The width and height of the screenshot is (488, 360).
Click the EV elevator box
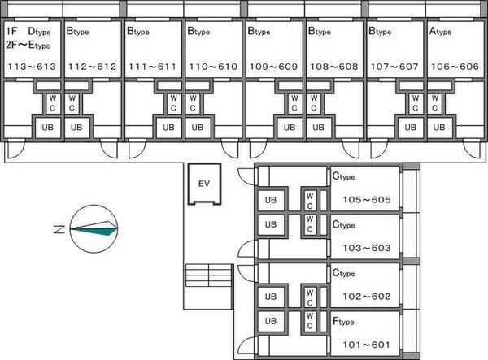click(x=204, y=184)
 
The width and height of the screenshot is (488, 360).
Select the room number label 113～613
click(x=32, y=67)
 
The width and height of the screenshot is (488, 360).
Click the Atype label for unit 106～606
click(x=440, y=32)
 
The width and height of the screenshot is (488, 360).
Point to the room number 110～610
click(x=213, y=67)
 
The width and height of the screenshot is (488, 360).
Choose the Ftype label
click(x=343, y=321)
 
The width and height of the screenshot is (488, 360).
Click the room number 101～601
click(x=366, y=345)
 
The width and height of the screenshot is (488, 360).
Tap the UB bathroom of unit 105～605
click(x=271, y=200)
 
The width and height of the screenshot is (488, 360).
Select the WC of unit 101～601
click(x=310, y=321)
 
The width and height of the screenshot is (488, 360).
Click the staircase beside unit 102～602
click(x=208, y=275)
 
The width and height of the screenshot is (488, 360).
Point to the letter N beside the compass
click(x=59, y=230)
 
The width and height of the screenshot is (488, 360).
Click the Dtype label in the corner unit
click(x=39, y=32)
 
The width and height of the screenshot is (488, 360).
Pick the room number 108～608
click(x=334, y=67)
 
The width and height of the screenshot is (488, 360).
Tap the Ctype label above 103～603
click(x=343, y=224)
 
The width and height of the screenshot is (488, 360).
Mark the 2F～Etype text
click(x=28, y=45)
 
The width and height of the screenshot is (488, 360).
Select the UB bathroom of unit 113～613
click(x=48, y=128)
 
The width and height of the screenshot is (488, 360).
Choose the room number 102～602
click(x=367, y=297)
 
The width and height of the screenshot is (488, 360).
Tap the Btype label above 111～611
click(x=138, y=32)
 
